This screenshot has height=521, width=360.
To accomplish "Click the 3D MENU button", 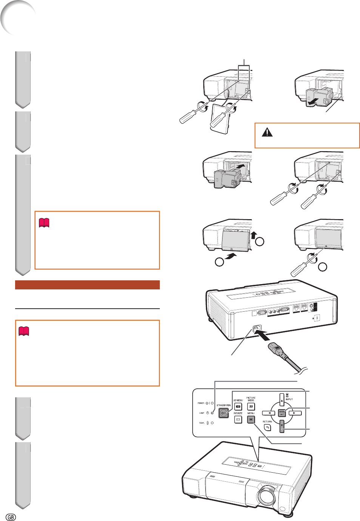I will (238, 407).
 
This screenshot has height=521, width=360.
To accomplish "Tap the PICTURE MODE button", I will (251, 407).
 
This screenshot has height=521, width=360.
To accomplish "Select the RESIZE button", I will (238, 420).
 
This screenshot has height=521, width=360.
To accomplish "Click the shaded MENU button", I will (251, 420).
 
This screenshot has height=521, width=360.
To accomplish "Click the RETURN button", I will (267, 428).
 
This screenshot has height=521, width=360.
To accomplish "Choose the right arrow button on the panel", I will (295, 413).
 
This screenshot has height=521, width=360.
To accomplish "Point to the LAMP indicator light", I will (212, 413).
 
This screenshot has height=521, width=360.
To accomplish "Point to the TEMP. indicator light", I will (212, 423).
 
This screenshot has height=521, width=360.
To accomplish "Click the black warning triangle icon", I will (267, 132).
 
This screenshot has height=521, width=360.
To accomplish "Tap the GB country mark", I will (11, 516).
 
